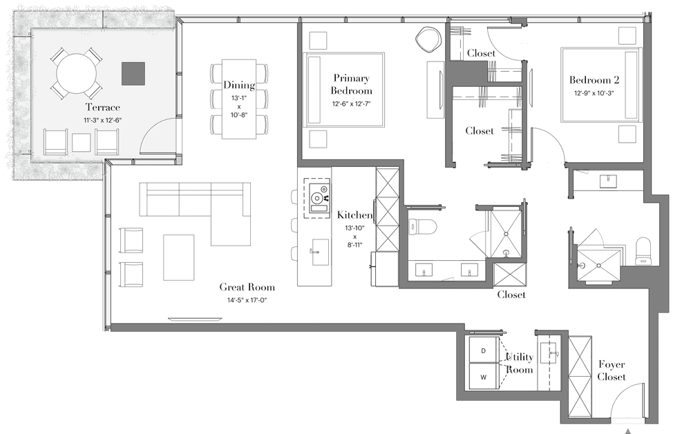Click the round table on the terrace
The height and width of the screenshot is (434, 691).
coord(77,73)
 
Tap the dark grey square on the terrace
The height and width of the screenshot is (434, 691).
coord(133,74)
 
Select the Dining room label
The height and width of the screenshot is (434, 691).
coord(239,85)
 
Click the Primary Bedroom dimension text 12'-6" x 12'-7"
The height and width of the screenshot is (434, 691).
coord(351,104)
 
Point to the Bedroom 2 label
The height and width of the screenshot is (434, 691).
coord(594,79)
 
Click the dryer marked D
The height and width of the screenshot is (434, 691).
coord(484,351)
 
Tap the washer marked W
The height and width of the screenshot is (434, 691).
coord(484,377)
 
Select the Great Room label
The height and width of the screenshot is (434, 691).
coord(247,287)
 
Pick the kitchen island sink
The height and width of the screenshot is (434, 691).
coord(320,253)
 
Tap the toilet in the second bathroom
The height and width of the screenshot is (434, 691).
coord(643,251)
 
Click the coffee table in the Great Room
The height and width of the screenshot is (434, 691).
coord(178,257)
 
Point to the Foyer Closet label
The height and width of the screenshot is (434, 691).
coord(612,371)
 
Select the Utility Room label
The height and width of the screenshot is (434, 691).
coord(519,363)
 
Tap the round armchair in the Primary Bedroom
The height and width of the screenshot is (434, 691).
coord(429,40)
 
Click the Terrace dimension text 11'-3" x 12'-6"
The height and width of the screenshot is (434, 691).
coord(103,120)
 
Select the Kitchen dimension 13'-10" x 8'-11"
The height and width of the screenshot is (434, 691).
coord(354,237)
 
